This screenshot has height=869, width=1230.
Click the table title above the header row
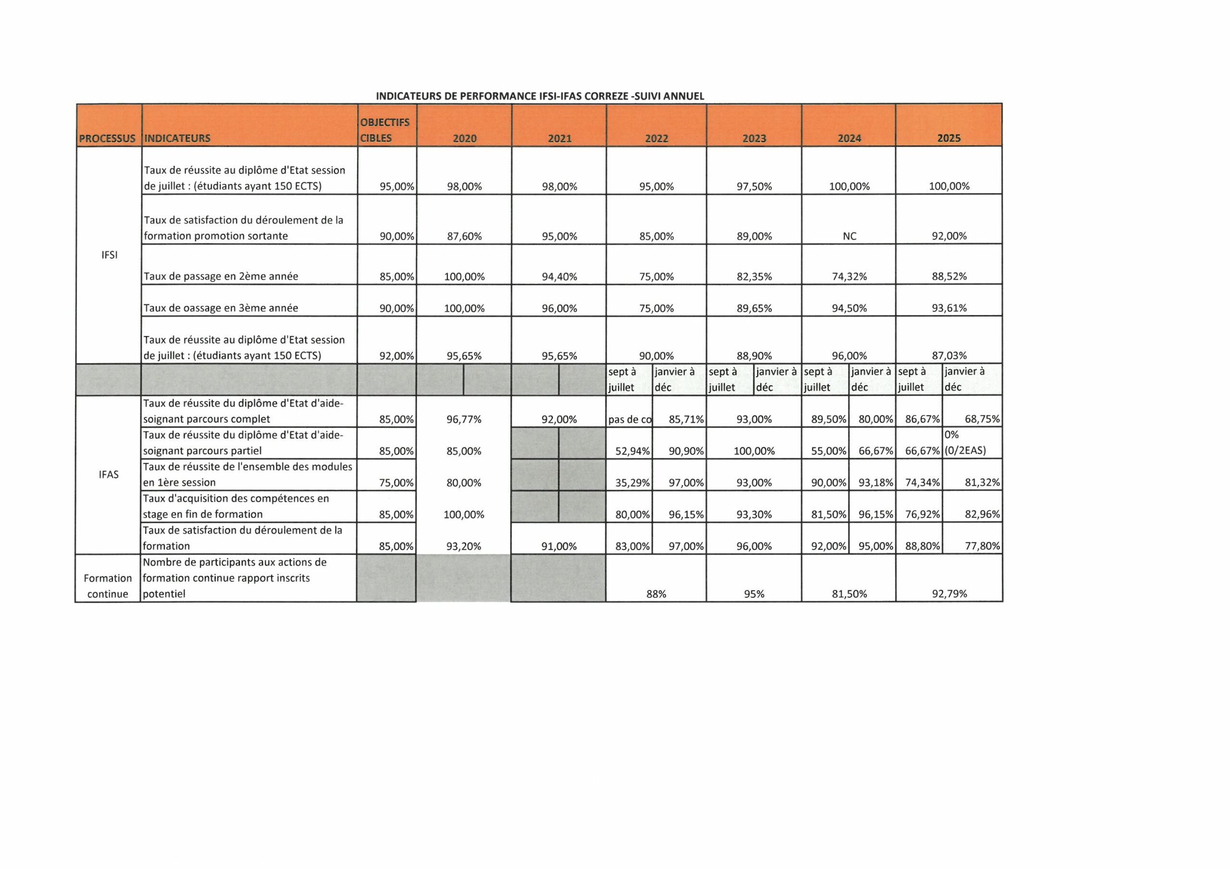click(x=540, y=97)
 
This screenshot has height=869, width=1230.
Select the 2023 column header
click(x=754, y=139)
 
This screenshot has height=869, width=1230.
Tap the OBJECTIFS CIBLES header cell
click(x=385, y=130)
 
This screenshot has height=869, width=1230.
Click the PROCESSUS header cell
click(x=107, y=139)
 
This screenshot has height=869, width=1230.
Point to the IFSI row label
click(x=109, y=255)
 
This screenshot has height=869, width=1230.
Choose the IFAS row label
click(x=109, y=474)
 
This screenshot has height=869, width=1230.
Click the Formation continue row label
click(x=108, y=586)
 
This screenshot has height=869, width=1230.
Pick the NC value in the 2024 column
click(x=849, y=236)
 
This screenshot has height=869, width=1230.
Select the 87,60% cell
click(x=464, y=236)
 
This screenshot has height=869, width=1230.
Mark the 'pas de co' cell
click(x=629, y=420)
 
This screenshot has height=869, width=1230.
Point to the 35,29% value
click(x=632, y=483)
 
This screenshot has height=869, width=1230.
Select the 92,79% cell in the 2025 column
click(x=949, y=594)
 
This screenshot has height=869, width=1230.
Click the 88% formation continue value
click(x=656, y=594)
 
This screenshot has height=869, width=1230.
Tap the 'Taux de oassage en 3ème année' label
click(x=221, y=308)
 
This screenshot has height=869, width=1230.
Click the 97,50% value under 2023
click(x=754, y=187)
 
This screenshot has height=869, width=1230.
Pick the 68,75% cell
click(x=982, y=419)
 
